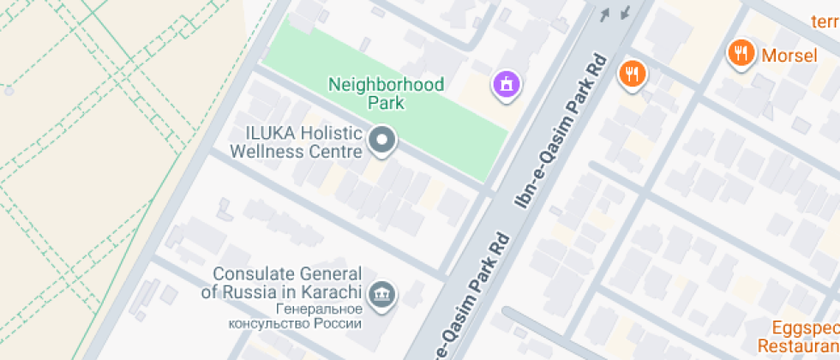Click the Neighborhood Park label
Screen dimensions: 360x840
(x=387, y=93)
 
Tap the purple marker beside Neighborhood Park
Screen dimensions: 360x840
(x=507, y=83)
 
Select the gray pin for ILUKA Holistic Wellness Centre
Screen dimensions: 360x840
(x=382, y=141)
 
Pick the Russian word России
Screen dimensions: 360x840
(x=339, y=324)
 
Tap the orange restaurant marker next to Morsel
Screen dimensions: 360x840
(x=739, y=53)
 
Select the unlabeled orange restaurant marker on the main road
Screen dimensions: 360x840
(x=633, y=74)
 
